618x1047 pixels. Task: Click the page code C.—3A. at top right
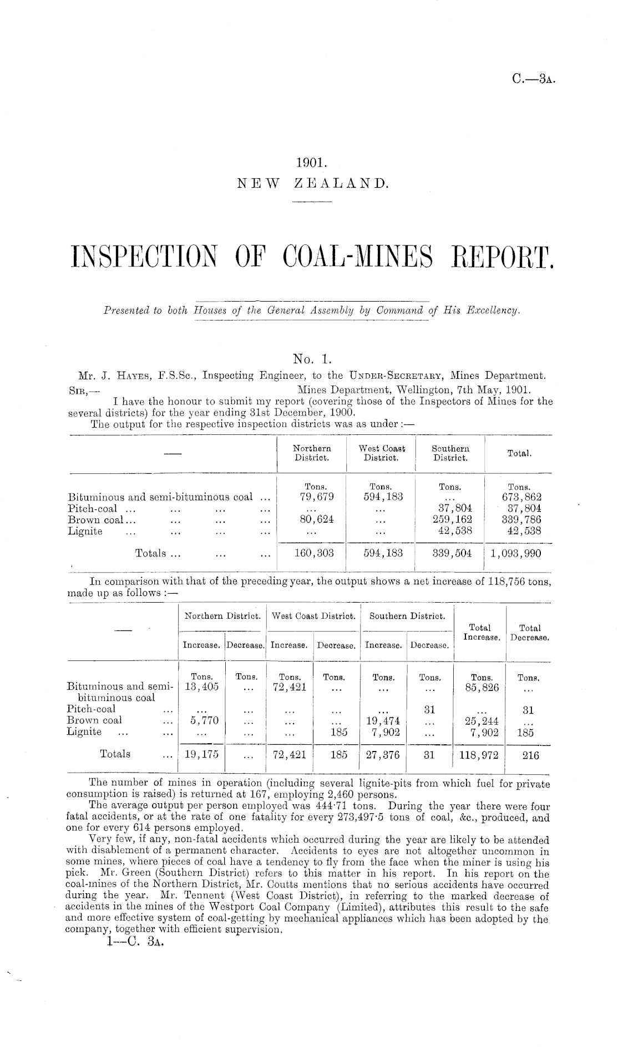[x=534, y=79]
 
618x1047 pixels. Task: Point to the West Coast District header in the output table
[x=382, y=453]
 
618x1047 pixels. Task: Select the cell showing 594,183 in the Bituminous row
[x=381, y=497]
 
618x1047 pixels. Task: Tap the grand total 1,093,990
[x=518, y=553]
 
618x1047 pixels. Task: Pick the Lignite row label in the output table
[x=85, y=532]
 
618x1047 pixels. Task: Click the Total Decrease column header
[x=530, y=633]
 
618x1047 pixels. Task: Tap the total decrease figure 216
[x=529, y=755]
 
